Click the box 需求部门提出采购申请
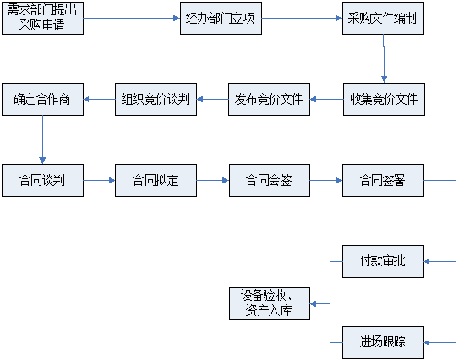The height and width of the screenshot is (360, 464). click(42, 19)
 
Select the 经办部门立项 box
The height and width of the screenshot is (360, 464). click(221, 19)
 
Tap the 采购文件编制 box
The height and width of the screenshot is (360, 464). click(383, 19)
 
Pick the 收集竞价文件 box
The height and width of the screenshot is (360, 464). click(384, 100)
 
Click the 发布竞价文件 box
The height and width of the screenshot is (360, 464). click(269, 100)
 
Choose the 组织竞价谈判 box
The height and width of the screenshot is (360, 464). click(156, 100)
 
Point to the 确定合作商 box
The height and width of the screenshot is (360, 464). click(42, 100)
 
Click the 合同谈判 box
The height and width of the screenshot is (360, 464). click(42, 181)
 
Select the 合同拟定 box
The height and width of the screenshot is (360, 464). click(156, 181)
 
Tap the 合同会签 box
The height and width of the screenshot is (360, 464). click(270, 181)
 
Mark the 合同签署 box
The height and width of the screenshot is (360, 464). click(383, 181)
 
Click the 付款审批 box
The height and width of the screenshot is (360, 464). click(383, 261)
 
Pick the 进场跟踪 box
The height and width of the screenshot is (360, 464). click(383, 343)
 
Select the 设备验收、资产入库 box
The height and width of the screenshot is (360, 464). click(270, 303)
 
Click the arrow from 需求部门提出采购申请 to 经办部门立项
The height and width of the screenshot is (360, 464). click(132, 19)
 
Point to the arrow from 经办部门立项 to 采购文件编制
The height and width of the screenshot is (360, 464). click(302, 19)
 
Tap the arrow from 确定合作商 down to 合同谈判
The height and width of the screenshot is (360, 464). click(42, 139)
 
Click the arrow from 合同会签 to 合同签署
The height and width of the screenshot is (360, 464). click(326, 181)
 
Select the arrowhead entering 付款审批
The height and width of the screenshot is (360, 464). click(427, 261)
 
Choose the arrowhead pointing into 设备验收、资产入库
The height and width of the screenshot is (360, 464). click(313, 303)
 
